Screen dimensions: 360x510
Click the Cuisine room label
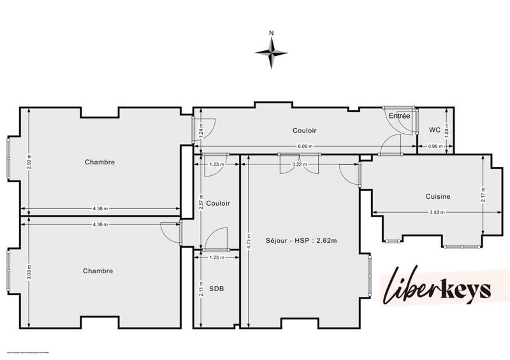pyautogui.click(x=438, y=196)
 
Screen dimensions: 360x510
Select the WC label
pyautogui.click(x=434, y=130)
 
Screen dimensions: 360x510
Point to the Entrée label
pyautogui.click(x=400, y=115)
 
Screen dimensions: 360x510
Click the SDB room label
pyautogui.click(x=216, y=289)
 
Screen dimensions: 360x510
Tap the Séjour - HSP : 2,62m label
pyautogui.click(x=301, y=240)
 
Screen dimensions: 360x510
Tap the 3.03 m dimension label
pyautogui.click(x=29, y=271)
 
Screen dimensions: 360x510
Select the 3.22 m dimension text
pyautogui.click(x=300, y=164)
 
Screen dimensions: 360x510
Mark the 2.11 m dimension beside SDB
pyautogui.click(x=201, y=290)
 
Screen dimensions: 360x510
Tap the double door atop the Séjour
pyautogui.click(x=293, y=163)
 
